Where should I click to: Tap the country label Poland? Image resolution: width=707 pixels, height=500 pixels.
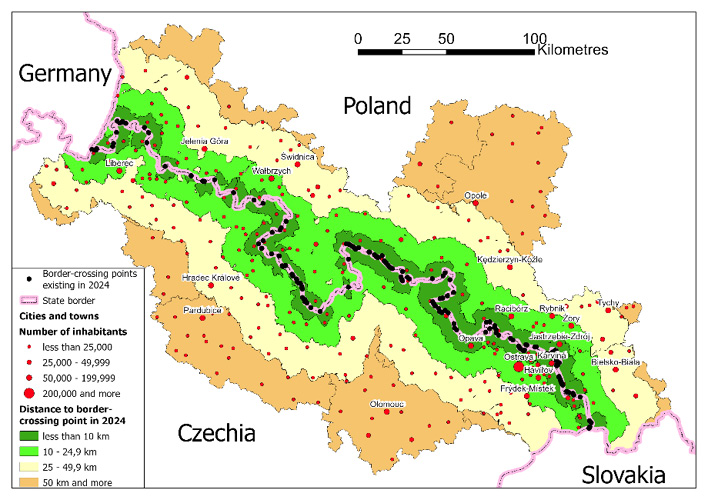(x=377, y=106)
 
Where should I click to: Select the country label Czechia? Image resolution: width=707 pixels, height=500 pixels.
(x=217, y=433)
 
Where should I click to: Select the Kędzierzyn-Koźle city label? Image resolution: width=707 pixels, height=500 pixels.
(x=508, y=258)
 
